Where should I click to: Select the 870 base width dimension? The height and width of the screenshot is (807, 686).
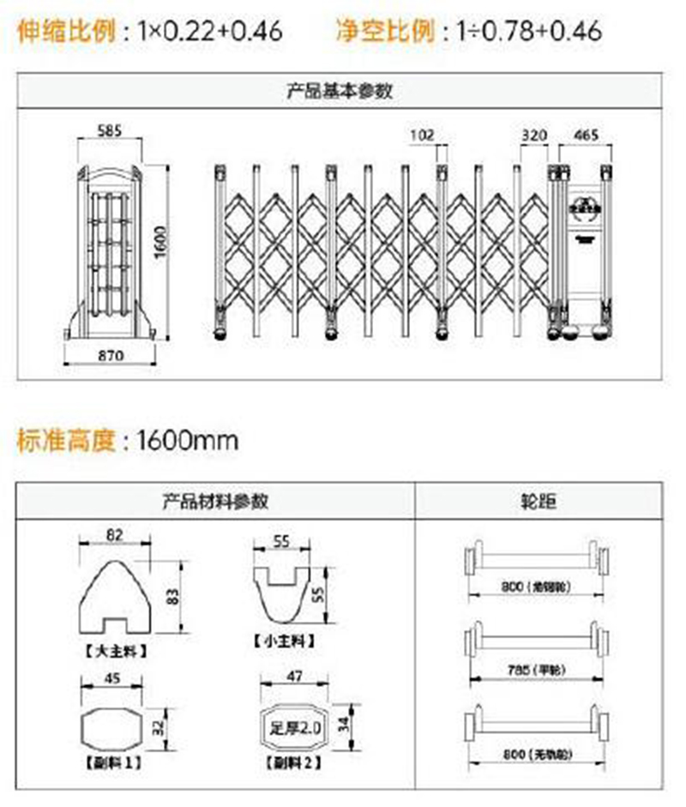[x=111, y=354]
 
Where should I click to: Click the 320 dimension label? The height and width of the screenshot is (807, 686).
[x=533, y=135]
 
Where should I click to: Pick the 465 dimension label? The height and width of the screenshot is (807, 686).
[x=585, y=135]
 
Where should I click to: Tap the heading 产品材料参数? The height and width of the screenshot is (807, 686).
[x=214, y=501]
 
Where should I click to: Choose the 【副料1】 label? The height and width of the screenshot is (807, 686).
[x=112, y=761]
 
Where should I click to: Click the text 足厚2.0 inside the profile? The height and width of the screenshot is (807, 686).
[x=295, y=728]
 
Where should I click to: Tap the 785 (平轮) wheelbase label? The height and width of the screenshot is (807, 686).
[x=533, y=668]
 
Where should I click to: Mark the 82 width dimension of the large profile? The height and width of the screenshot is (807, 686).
[x=115, y=533]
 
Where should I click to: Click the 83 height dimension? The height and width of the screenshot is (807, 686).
[x=171, y=596]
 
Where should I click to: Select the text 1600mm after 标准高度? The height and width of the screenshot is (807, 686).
[x=188, y=442]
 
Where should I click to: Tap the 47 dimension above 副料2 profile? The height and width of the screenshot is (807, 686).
[x=294, y=677]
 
